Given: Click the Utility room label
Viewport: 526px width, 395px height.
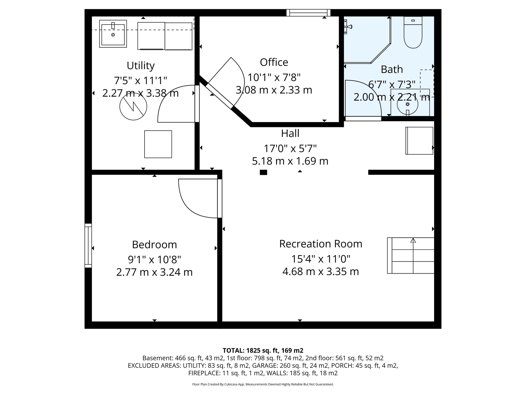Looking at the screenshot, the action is pos(140,66).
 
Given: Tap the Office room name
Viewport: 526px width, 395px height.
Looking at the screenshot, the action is pos(274,62).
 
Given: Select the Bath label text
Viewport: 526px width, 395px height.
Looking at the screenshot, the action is pos(392,69).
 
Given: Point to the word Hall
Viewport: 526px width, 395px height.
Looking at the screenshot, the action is pos(290,133).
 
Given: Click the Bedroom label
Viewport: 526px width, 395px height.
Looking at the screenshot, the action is pos(154,245).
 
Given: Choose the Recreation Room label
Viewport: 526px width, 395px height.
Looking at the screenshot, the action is pos(321,244).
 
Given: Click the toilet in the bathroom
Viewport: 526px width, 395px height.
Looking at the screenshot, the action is pos(413,32).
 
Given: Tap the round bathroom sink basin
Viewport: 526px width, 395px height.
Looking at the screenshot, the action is pos(407,104).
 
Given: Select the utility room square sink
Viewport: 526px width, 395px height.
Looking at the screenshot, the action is pos(113,34).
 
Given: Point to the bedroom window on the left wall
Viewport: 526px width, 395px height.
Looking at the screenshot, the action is pos(88,246).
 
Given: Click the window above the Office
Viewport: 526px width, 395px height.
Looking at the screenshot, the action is pos(308,13).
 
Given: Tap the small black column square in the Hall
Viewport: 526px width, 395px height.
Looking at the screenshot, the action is pos(263,172).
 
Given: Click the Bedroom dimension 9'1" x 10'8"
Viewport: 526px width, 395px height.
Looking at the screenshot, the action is pos(154,260).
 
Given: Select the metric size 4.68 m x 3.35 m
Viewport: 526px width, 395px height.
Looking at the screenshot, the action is pos(321,272).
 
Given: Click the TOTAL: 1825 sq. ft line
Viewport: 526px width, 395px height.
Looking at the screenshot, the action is pos(263,350).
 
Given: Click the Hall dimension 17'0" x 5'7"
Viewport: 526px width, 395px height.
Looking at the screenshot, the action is pos(290,148).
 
